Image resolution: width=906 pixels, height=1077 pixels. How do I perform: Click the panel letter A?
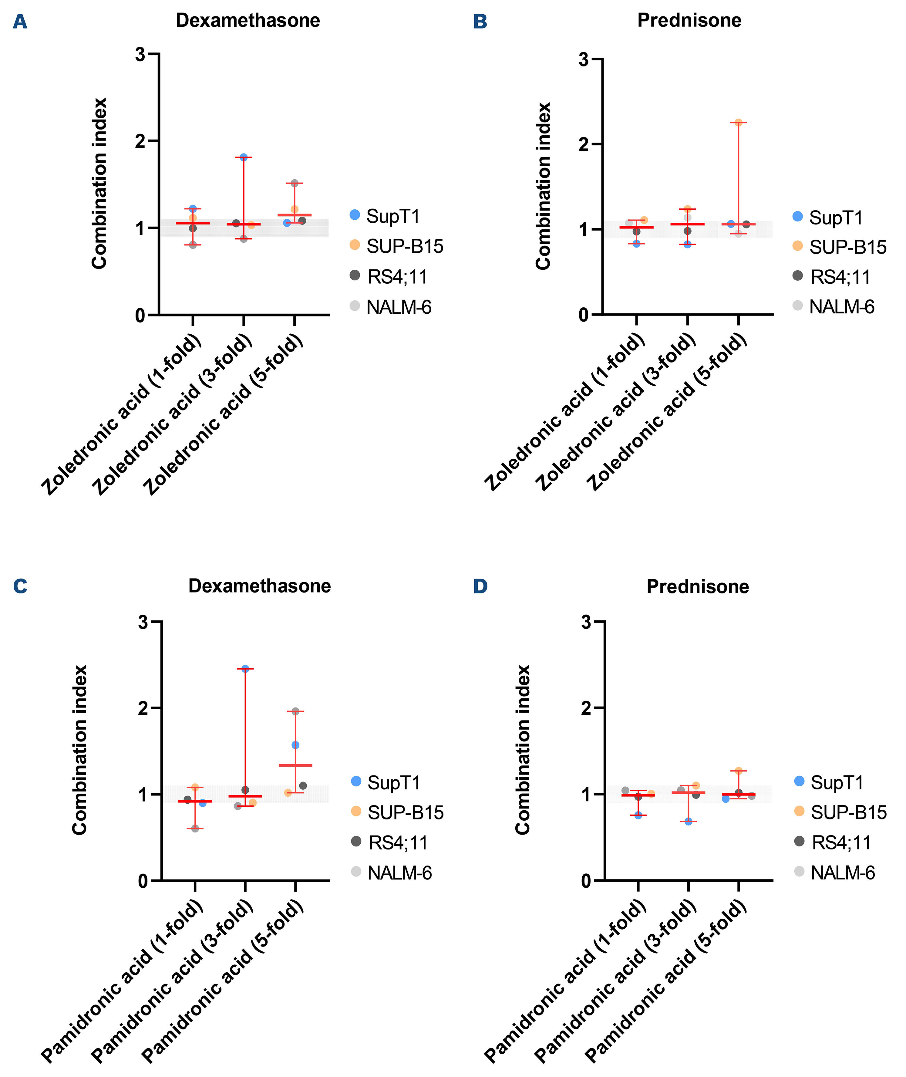coord(20,22)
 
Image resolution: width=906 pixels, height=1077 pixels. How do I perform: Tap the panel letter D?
coord(480,586)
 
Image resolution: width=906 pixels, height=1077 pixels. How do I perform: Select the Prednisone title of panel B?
coord(689,21)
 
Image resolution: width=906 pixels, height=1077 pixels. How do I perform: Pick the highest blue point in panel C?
coord(245,669)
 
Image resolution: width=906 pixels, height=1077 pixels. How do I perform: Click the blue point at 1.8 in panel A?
coord(244,157)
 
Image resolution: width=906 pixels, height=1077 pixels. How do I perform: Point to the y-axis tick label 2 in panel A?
coord(140,141)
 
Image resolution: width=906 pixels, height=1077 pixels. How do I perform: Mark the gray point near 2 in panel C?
coord(295,711)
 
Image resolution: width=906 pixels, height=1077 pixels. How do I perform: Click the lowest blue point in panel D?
coord(688,821)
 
